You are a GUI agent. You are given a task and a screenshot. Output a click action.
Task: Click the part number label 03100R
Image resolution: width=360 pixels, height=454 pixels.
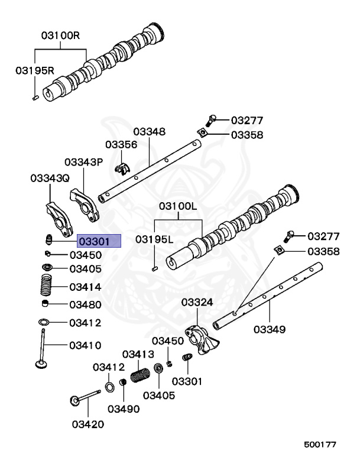point(60,35)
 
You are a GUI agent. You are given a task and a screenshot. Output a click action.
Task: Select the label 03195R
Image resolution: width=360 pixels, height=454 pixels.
point(34,71)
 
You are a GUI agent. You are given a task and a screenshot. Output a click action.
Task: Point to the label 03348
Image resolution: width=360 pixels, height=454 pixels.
point(149,131)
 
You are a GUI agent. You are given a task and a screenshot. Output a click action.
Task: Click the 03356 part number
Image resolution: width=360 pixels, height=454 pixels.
point(121,145)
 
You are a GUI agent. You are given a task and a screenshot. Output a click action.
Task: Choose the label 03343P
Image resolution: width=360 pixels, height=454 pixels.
point(83,162)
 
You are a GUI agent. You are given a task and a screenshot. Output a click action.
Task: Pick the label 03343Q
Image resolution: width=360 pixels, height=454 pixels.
point(50,177)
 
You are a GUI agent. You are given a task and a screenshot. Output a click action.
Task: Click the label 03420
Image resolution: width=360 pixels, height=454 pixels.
point(88,424)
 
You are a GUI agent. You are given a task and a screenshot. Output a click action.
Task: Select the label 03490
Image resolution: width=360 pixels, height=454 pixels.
point(124,408)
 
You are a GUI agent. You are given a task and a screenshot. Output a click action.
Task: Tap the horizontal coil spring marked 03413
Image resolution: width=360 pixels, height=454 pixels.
point(141,375)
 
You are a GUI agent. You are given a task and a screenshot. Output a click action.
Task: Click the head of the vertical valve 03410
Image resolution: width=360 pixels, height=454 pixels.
point(41,365)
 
